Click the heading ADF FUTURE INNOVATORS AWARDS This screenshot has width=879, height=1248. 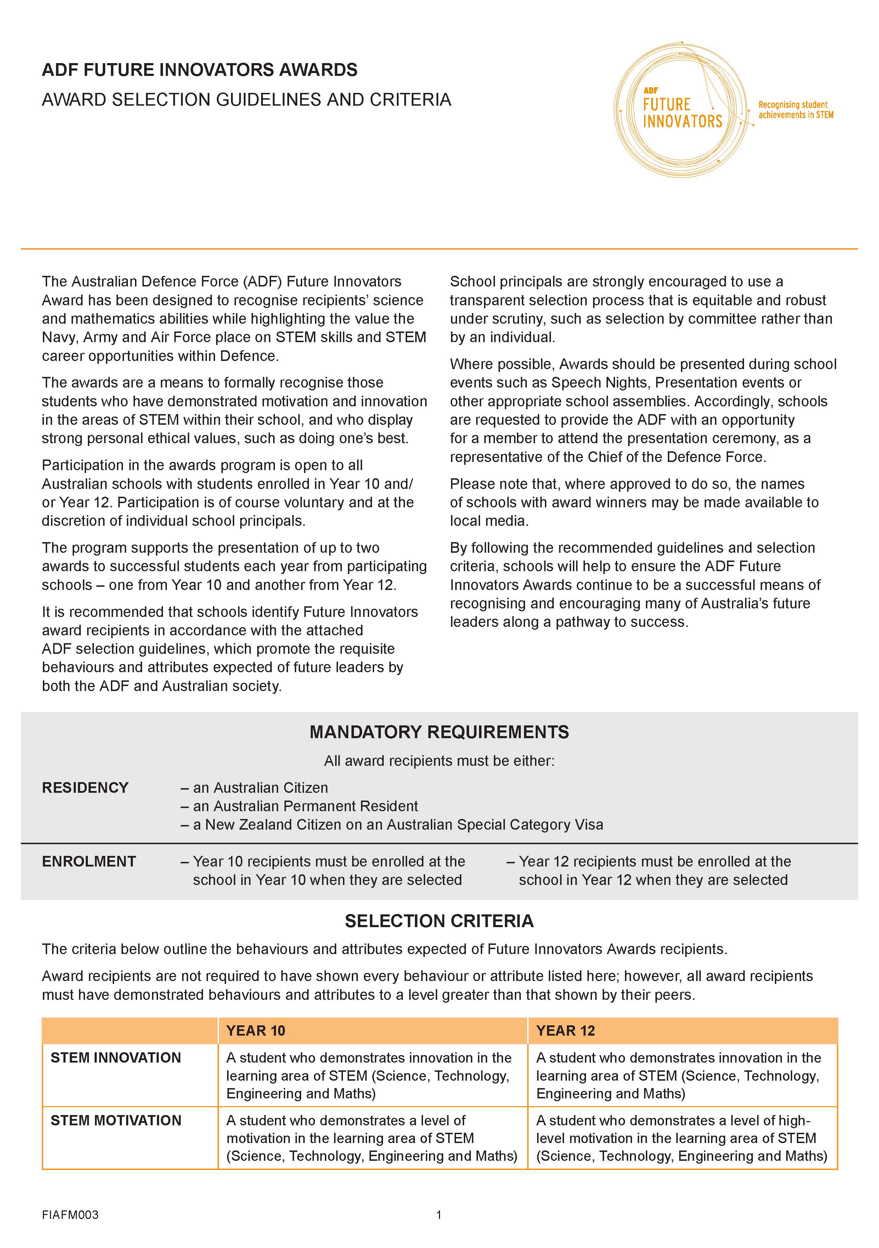click(199, 70)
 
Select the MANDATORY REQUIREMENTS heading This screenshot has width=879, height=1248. click(439, 732)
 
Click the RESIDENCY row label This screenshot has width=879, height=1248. click(85, 787)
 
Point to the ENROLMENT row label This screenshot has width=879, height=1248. click(89, 862)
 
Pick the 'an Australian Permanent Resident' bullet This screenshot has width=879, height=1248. click(299, 806)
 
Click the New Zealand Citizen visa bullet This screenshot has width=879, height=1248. click(392, 825)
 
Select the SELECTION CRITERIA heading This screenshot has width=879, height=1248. click(439, 921)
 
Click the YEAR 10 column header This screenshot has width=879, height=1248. click(256, 1031)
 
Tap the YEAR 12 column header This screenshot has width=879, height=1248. click(565, 1031)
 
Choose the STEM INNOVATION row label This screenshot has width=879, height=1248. click(116, 1058)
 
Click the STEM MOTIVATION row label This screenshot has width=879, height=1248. click(116, 1120)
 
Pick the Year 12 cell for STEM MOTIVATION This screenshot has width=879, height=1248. click(681, 1138)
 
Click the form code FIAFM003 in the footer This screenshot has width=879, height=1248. click(70, 1215)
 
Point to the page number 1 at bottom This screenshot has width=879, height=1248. click(439, 1215)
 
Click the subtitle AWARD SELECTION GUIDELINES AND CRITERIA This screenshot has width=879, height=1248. click(247, 100)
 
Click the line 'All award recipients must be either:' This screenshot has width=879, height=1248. click(439, 761)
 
